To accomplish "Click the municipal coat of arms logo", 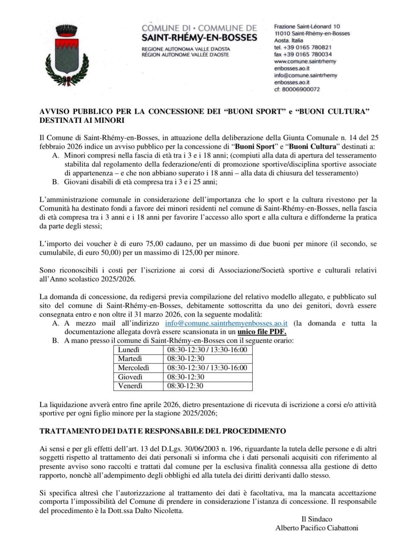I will coord(67,54).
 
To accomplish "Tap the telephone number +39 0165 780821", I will coord(303,47).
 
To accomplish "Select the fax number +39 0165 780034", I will coord(303,54).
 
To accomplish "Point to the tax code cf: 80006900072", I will coord(297,89).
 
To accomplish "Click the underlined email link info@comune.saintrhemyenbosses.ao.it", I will coord(226,323).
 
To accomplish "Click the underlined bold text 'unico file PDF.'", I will coord(262,332).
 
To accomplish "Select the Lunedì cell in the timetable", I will coord(129,350).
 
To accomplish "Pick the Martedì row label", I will coord(130,358).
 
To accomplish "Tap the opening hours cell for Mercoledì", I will coord(207,368).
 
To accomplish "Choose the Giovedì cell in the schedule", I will coord(130,377).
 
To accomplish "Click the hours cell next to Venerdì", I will coord(185,386).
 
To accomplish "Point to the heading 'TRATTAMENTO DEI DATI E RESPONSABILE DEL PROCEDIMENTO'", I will coord(162,431).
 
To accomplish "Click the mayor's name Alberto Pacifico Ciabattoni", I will coord(317,528).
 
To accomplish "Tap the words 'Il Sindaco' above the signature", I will coord(317,519).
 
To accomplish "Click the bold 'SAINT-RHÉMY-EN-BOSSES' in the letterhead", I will coord(199,38).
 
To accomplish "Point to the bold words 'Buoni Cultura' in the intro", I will coord(312,146).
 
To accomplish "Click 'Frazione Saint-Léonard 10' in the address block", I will coord(307,27).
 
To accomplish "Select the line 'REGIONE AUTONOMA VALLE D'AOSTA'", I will coord(185,49).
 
